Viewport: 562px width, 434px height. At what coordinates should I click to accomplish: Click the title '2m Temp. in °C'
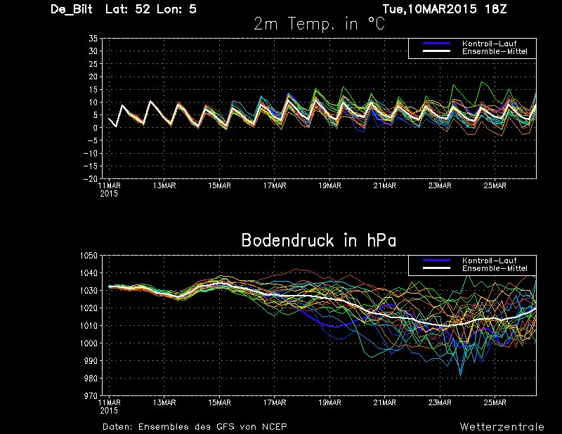coord(320,24)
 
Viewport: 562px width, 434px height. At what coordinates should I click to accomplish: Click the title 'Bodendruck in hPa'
coord(319,240)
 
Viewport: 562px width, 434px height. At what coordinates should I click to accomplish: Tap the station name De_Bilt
coord(72,9)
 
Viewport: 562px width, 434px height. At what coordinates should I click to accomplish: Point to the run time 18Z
coord(495,8)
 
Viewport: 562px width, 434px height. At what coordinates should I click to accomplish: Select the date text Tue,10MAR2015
coord(430,9)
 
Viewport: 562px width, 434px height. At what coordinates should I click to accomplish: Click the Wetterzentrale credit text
coord(502,427)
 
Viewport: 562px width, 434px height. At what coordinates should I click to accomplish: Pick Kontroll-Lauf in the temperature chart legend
coord(489,44)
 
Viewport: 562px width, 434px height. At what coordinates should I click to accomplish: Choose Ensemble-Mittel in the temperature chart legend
coord(495,51)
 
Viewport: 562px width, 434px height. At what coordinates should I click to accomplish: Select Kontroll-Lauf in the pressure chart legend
coord(489,261)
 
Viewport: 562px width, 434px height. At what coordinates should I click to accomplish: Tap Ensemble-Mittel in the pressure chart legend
coord(495,268)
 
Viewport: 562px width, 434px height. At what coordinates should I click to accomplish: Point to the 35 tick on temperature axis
coord(93,39)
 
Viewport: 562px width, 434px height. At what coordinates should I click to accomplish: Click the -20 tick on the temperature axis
coord(91,179)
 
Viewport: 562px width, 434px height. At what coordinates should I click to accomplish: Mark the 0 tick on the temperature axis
coord(96,128)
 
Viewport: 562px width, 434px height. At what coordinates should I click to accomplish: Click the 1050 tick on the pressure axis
coord(89,256)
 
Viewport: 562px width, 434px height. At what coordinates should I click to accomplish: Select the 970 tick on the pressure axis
coord(91,396)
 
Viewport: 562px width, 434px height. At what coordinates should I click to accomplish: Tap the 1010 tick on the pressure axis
coord(89,326)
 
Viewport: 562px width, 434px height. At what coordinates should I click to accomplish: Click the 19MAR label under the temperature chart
coord(329,186)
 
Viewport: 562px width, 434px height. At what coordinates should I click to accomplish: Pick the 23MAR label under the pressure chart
coord(440,403)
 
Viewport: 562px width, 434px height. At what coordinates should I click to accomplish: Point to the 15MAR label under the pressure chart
coord(219,403)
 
